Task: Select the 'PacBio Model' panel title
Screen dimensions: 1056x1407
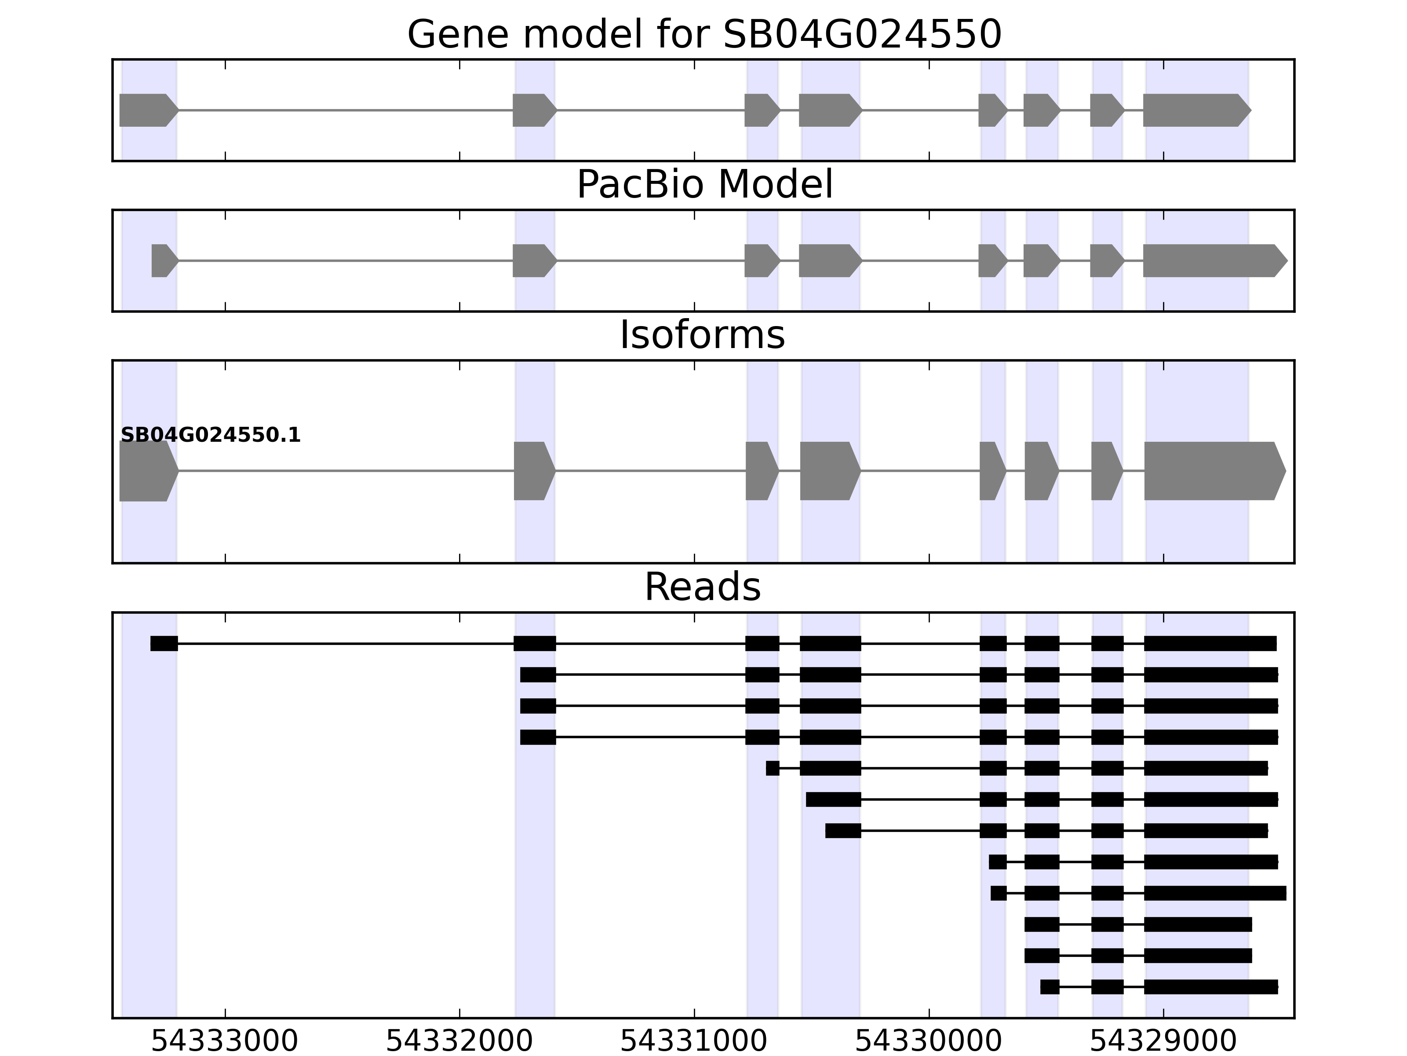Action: point(704,185)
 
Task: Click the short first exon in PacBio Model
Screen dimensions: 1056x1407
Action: point(163,260)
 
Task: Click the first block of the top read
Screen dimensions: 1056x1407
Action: point(164,644)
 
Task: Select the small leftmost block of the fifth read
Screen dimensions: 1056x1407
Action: point(772,768)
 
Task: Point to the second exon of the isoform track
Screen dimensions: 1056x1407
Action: point(532,471)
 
